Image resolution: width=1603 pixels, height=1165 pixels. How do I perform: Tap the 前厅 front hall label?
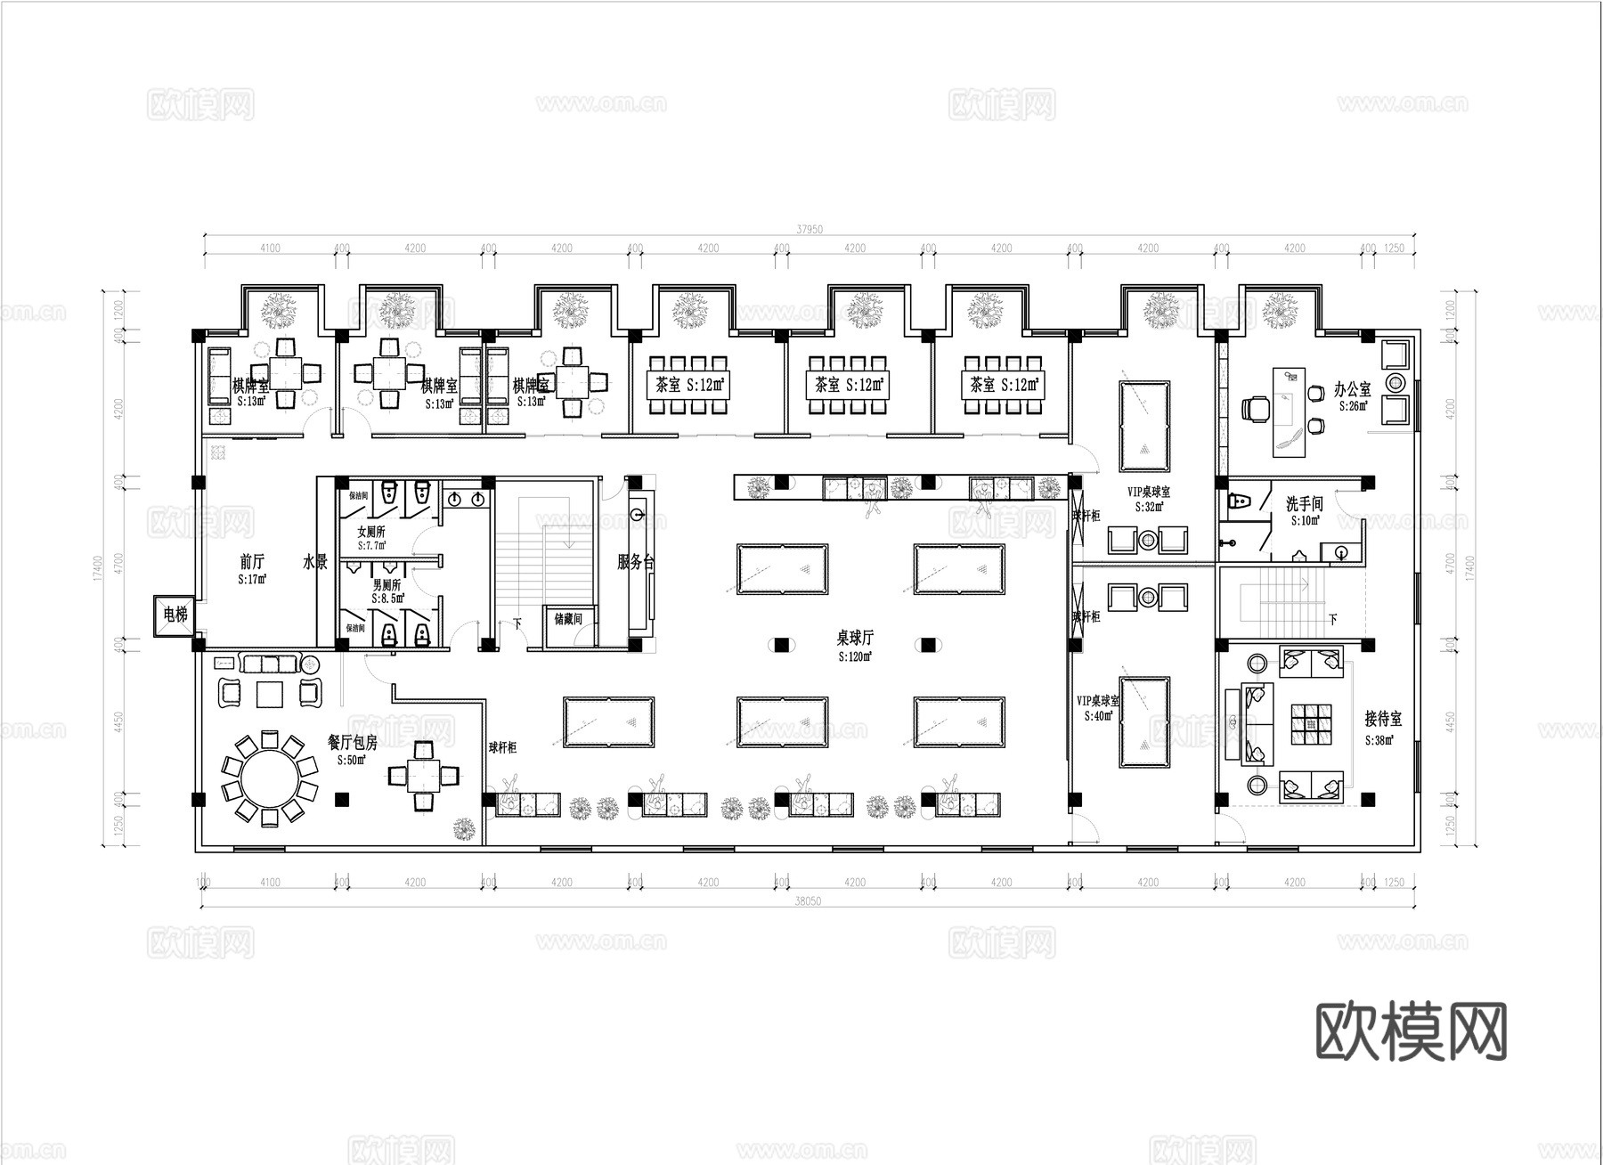tap(252, 562)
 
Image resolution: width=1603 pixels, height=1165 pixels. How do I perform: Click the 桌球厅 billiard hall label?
tap(854, 638)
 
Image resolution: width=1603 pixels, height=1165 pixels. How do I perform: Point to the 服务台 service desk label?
tap(636, 563)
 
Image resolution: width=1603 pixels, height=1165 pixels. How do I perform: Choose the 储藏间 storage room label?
tap(567, 618)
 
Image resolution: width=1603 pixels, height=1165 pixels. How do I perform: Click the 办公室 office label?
tap(1352, 390)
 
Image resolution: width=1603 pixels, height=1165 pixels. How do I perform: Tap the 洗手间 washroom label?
tap(1304, 505)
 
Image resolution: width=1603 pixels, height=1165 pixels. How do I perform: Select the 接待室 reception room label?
tap(1382, 719)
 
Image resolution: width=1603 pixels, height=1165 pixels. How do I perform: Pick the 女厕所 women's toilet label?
tap(371, 532)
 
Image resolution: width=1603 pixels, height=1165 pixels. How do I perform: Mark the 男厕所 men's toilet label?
tap(386, 585)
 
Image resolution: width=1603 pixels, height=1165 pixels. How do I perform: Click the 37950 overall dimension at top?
tap(809, 230)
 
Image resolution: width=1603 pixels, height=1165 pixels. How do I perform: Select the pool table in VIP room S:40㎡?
tap(1144, 721)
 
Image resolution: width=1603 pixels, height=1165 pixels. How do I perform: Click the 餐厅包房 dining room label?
tap(353, 742)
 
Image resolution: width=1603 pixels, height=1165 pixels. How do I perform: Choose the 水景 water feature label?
tap(315, 562)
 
